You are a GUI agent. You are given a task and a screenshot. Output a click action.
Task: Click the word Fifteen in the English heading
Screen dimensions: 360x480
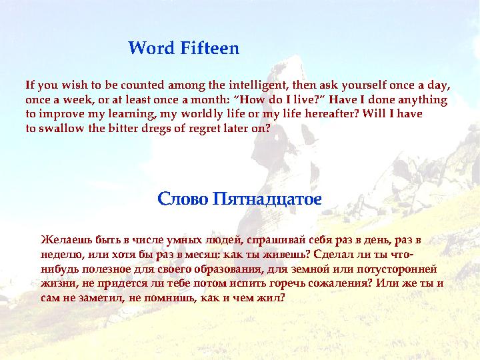(209, 49)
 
